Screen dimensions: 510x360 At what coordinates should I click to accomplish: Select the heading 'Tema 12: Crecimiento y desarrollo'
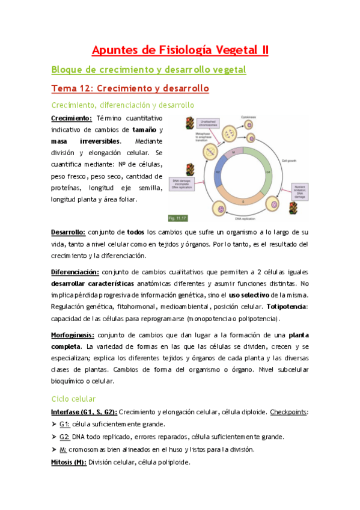pyautogui.click(x=129, y=88)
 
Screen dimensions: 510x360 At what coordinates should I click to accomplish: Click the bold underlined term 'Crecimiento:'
pyautogui.click(x=71, y=118)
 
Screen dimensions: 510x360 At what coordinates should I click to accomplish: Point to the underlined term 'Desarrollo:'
pyautogui.click(x=68, y=232)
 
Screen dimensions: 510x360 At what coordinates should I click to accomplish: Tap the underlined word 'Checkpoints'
pyautogui.click(x=288, y=412)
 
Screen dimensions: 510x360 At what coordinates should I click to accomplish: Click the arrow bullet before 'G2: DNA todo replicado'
pyautogui.click(x=53, y=437)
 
